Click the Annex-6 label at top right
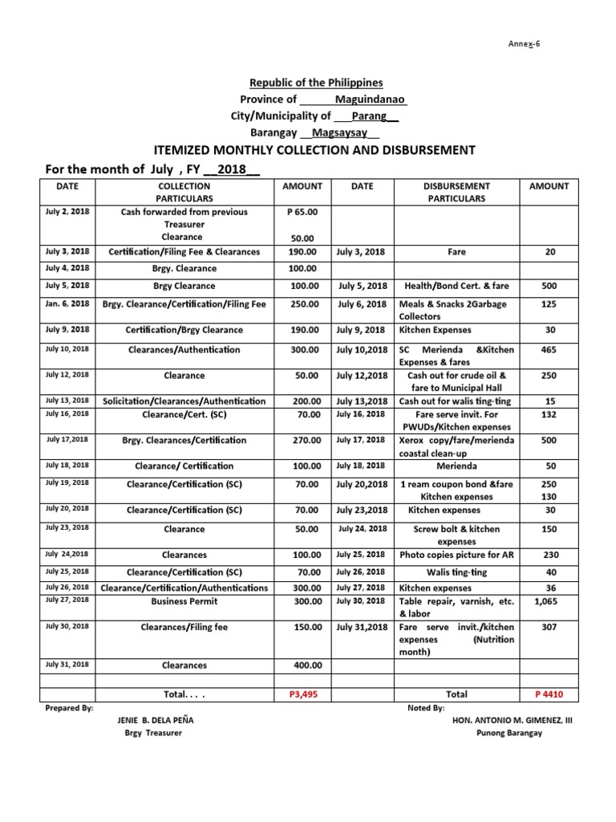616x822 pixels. (x=527, y=43)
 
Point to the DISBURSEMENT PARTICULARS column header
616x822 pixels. (x=456, y=192)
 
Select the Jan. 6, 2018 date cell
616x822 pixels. (x=67, y=304)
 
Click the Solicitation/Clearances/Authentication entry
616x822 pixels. (x=184, y=401)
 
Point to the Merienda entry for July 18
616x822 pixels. (x=456, y=466)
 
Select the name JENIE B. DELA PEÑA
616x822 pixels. (x=155, y=720)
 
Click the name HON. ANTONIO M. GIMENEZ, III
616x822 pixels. (x=513, y=720)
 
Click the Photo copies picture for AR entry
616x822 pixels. (x=456, y=555)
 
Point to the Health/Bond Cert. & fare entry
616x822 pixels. (x=456, y=286)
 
